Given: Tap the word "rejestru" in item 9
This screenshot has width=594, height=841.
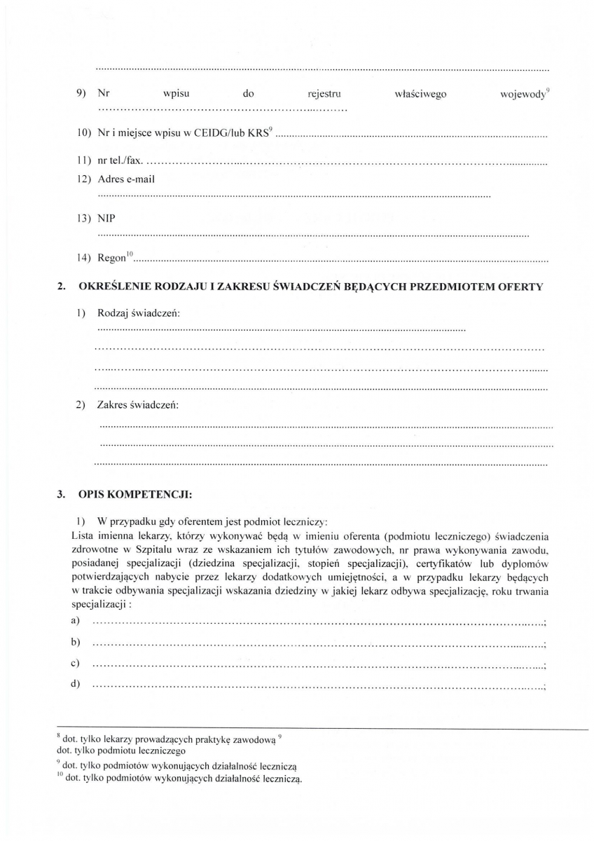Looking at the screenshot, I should click(x=324, y=94).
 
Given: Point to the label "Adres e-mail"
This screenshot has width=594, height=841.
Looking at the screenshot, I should click(x=126, y=179).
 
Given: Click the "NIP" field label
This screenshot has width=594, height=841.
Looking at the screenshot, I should click(x=106, y=219).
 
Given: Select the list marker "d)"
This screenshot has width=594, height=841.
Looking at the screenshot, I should click(x=74, y=684).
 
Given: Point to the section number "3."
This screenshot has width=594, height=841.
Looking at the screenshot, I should click(x=61, y=494).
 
